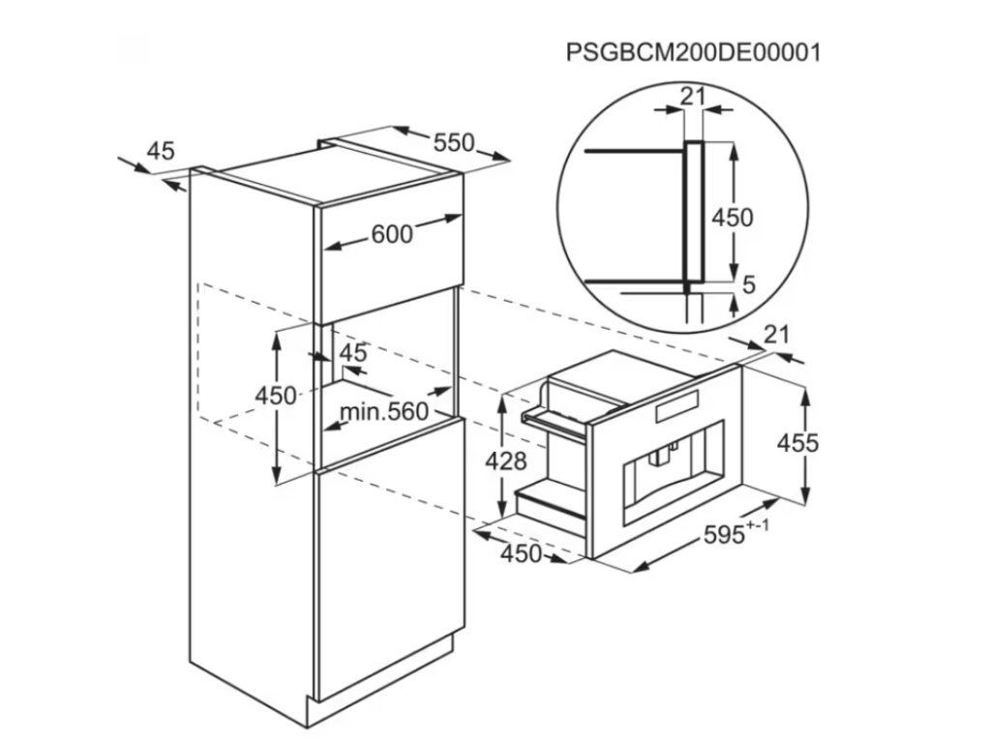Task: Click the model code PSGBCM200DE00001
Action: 693,51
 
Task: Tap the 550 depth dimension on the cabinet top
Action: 453,143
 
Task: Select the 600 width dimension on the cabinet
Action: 392,234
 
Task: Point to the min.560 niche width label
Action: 383,412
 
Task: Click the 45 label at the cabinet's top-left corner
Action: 161,151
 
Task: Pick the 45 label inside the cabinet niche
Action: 353,353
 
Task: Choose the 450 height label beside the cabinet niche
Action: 275,397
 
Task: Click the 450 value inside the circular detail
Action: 733,219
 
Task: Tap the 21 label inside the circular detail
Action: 691,95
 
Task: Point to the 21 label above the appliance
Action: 776,336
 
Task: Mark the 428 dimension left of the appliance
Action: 507,461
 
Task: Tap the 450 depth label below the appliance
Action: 521,554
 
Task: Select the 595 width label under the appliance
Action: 723,532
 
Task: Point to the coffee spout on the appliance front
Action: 666,452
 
